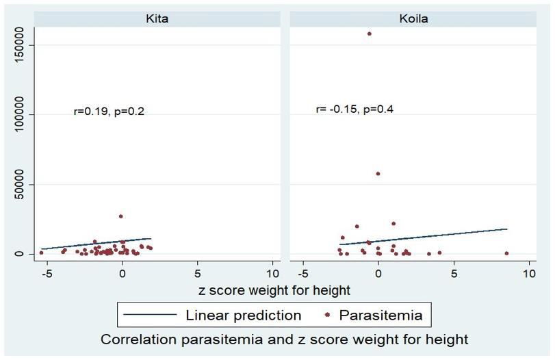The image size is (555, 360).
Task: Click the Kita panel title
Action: click(x=157, y=18)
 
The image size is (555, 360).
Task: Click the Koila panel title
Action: click(x=413, y=18)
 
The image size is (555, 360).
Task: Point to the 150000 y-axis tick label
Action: click(x=21, y=45)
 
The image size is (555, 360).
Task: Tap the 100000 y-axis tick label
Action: click(x=21, y=114)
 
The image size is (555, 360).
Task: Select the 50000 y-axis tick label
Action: click(x=21, y=184)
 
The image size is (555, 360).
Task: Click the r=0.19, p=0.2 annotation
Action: click(x=109, y=112)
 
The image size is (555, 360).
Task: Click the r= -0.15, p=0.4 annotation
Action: click(x=354, y=109)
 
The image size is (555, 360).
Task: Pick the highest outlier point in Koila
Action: click(x=370, y=33)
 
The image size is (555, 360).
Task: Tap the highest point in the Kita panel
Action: click(x=121, y=216)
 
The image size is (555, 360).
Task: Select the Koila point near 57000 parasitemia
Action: click(x=378, y=174)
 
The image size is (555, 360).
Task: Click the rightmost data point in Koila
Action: click(x=506, y=253)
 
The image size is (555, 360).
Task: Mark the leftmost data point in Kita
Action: click(x=41, y=253)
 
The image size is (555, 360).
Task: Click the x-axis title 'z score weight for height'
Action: click(x=274, y=290)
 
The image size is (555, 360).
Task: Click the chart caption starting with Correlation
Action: click(x=284, y=339)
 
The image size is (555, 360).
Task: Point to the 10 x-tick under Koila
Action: click(x=528, y=273)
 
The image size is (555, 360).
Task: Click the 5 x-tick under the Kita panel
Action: click(x=197, y=273)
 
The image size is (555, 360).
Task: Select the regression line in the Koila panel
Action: click(x=424, y=237)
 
